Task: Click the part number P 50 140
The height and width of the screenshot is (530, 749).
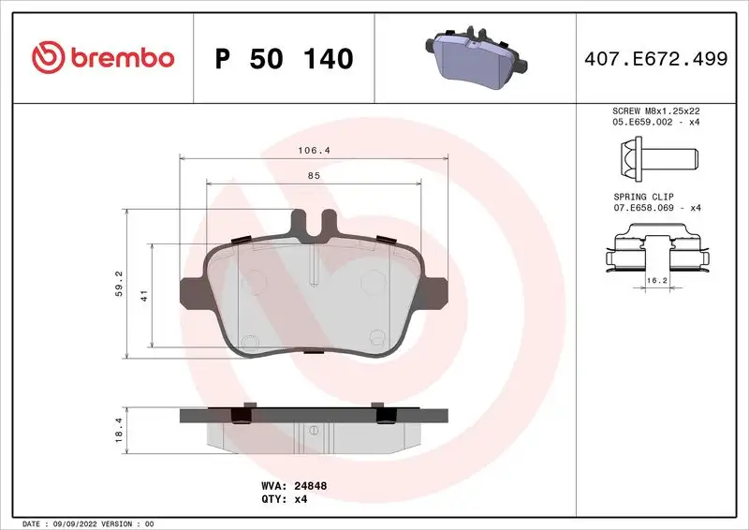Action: [285, 59]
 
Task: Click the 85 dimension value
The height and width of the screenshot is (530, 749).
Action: [314, 175]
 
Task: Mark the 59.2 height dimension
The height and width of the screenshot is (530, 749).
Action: [117, 283]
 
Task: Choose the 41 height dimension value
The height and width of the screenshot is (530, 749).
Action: [143, 296]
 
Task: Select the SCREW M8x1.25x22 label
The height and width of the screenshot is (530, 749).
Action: [656, 111]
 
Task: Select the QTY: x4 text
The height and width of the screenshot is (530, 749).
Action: [285, 499]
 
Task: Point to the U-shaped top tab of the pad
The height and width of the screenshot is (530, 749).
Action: [314, 223]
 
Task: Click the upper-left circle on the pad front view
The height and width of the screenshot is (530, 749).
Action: [253, 279]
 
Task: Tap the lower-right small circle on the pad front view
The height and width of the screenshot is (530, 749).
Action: [377, 338]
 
